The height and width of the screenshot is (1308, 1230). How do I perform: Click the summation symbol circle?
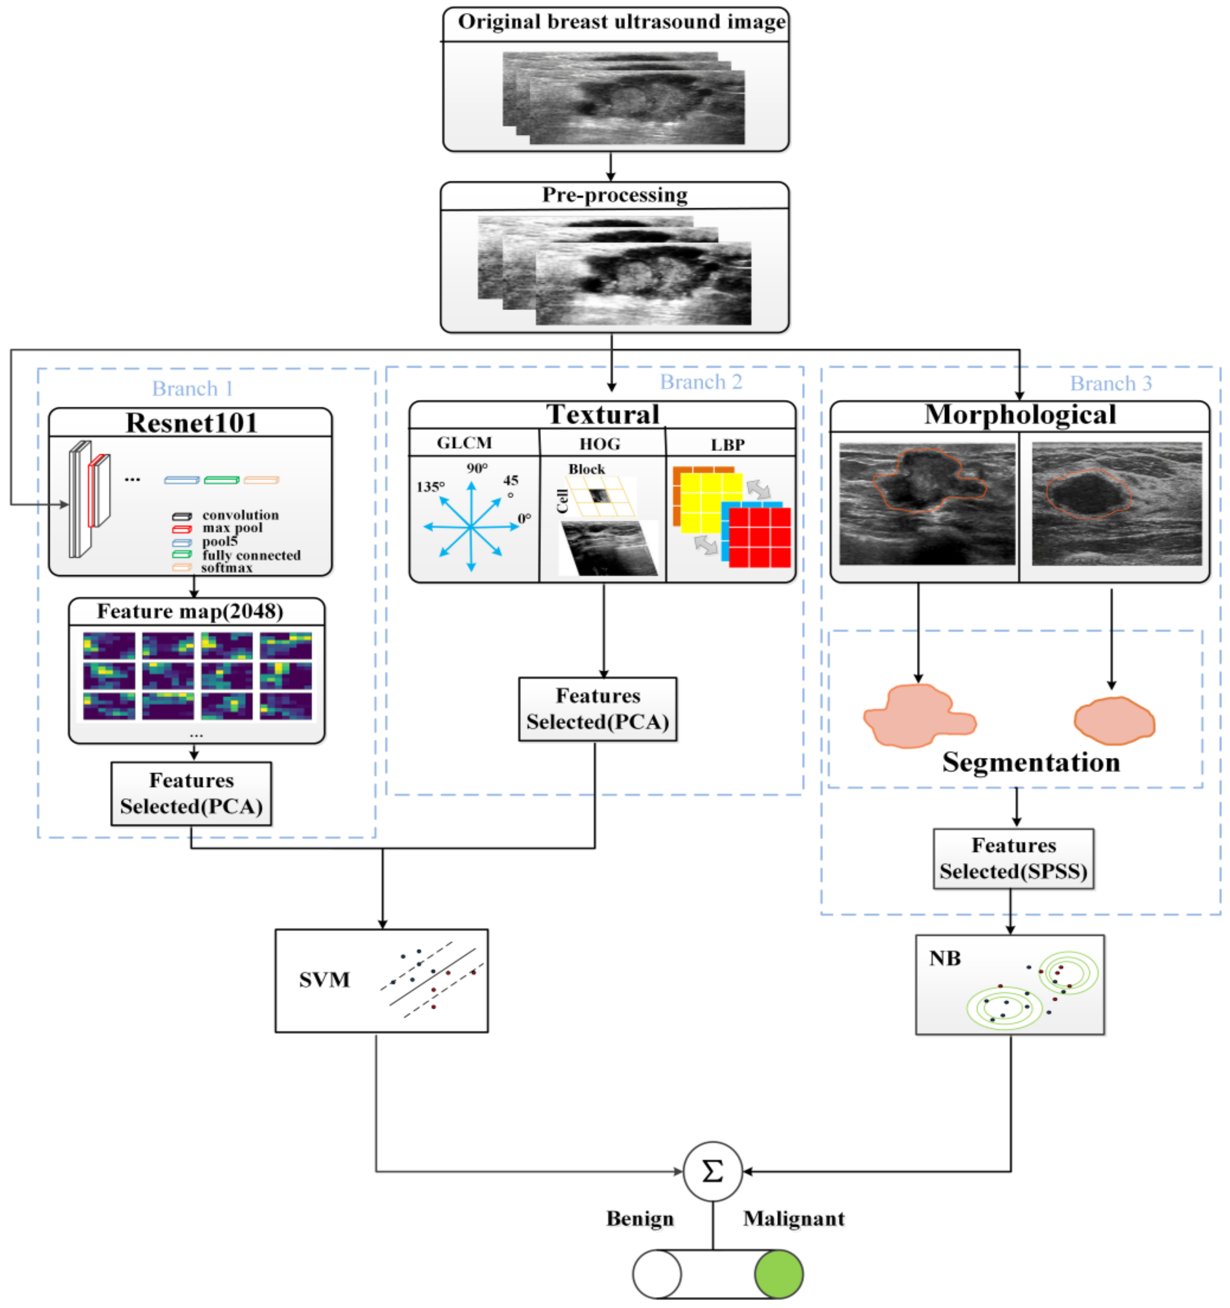coord(712,1171)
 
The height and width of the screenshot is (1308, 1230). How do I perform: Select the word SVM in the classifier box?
coord(324,980)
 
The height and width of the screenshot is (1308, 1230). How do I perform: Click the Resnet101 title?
coord(192,422)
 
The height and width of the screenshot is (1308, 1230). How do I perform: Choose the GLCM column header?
coord(465,443)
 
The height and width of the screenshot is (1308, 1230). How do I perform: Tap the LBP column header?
coord(728,445)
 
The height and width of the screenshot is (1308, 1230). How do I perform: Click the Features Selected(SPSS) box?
coord(1013,859)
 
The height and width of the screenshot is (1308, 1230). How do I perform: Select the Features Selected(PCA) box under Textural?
coord(597,709)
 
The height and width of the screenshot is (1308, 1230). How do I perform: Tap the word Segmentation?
coord(1031,762)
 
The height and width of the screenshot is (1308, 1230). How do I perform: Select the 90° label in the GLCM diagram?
coord(477,468)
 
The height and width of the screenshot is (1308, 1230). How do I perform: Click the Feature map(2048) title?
coord(190,611)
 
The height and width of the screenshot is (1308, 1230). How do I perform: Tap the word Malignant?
coord(794,1219)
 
